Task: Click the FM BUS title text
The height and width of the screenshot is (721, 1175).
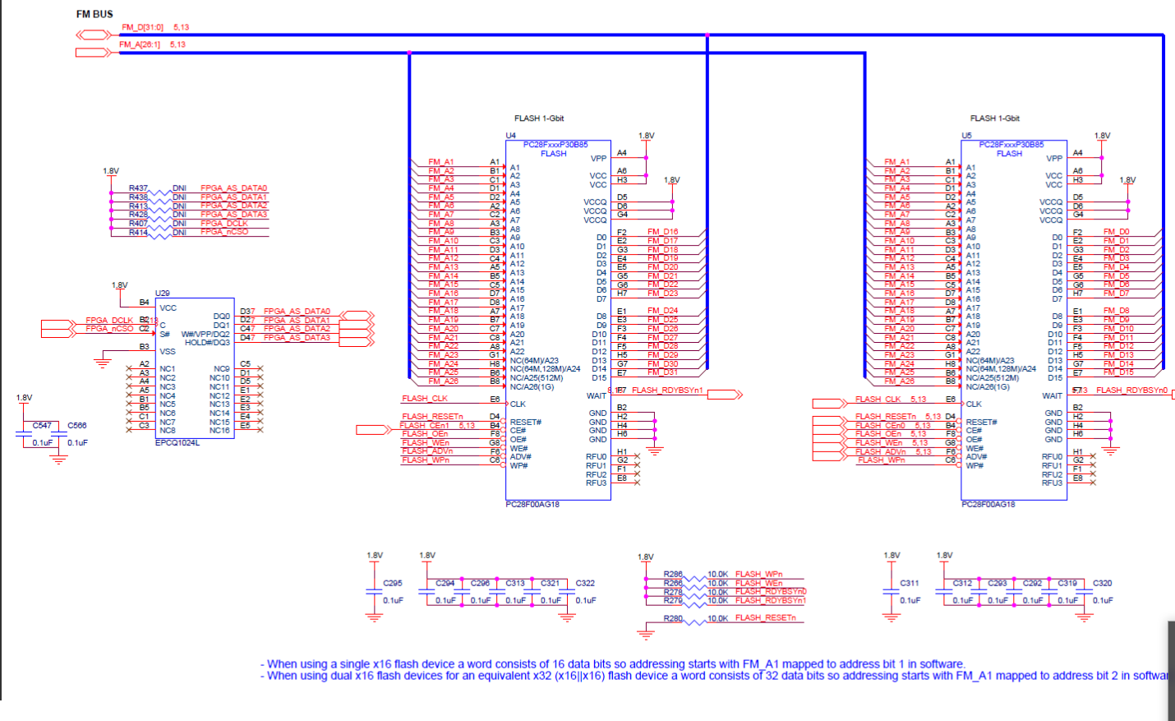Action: click(x=94, y=14)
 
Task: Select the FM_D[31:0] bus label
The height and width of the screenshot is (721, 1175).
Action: click(x=142, y=27)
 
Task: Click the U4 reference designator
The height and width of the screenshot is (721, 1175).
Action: click(x=510, y=136)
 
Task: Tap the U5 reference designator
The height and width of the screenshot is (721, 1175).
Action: click(x=966, y=136)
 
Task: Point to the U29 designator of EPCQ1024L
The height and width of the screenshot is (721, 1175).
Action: click(x=163, y=293)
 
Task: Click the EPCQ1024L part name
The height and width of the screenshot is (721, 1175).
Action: click(x=177, y=442)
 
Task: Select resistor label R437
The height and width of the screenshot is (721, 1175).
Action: click(x=138, y=188)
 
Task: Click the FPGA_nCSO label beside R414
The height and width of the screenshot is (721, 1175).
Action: click(x=223, y=232)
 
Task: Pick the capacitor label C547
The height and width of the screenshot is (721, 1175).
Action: click(x=42, y=425)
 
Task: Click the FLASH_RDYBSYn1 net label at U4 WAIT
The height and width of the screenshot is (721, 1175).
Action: click(x=667, y=391)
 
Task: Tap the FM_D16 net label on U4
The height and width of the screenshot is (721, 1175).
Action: click(x=662, y=232)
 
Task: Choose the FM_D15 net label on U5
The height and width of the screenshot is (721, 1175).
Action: click(x=1118, y=372)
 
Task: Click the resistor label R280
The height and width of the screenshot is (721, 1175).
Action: click(x=673, y=618)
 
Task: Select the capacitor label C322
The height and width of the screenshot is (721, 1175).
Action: click(x=585, y=583)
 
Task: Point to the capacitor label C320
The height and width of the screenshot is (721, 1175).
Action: click(x=1102, y=583)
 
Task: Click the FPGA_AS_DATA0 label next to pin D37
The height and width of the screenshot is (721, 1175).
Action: click(x=297, y=312)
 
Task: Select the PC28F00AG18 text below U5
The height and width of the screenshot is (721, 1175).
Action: click(x=988, y=504)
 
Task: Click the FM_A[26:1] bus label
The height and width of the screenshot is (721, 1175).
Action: click(x=140, y=44)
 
